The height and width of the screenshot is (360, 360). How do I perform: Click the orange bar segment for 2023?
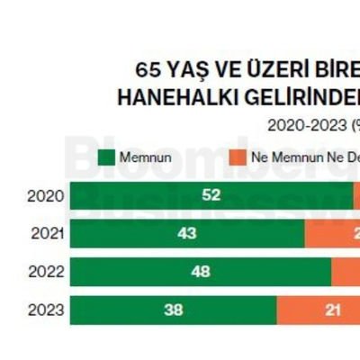click(x=318, y=310)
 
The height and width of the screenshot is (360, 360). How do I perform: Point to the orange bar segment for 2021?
click(x=332, y=233)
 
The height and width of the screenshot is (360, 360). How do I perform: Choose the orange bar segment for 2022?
click(x=346, y=271)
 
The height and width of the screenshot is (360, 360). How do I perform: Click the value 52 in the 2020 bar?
click(x=211, y=195)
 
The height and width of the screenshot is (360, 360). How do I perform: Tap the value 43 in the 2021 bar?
click(x=187, y=233)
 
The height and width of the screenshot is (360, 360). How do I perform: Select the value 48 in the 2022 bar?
click(x=201, y=271)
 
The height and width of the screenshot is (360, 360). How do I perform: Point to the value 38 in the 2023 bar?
click(x=174, y=310)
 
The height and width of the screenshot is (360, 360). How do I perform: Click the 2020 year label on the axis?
click(x=45, y=195)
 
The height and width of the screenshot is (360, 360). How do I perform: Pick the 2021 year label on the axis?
click(x=45, y=233)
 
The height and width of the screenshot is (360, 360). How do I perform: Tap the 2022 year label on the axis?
click(x=45, y=271)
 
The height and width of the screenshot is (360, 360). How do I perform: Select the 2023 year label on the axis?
click(x=45, y=310)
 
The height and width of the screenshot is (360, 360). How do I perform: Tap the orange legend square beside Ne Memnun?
click(x=238, y=156)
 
